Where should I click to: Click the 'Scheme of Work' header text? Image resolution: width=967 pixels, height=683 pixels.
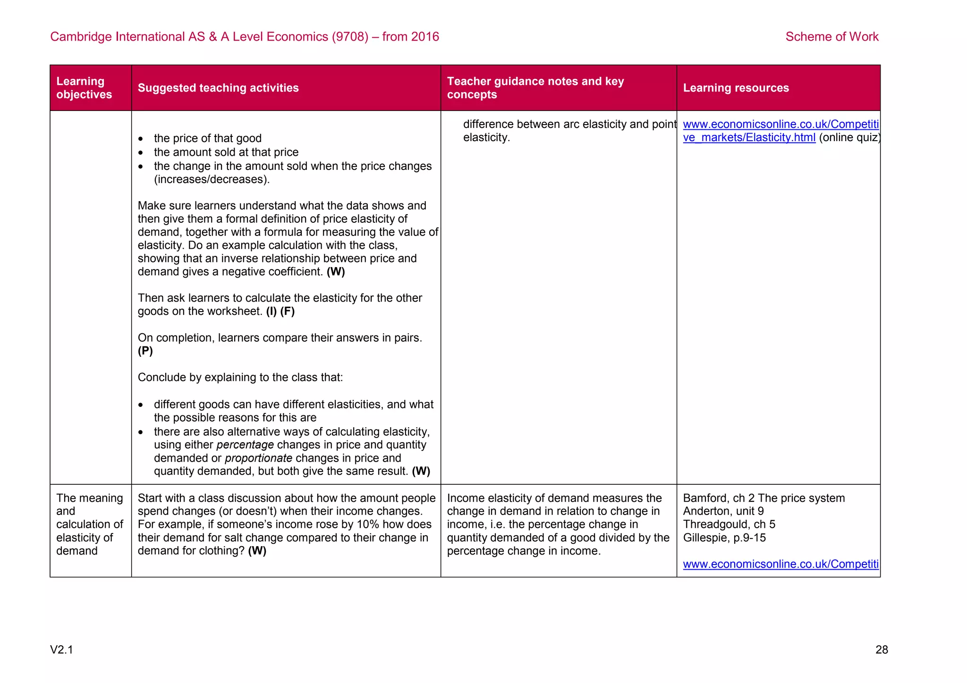[x=831, y=37]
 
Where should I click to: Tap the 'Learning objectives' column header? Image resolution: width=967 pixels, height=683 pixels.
[x=84, y=88]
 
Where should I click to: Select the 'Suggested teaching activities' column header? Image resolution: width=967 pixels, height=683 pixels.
[x=218, y=88]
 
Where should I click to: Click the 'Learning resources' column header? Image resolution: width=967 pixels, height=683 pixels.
[x=736, y=88]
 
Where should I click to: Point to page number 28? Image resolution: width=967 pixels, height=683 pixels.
[x=881, y=649]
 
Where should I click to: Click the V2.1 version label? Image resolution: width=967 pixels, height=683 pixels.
[x=61, y=649]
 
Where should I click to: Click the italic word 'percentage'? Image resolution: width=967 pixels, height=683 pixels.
[x=245, y=445]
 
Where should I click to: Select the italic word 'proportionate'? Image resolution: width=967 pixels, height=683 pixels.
[x=258, y=458]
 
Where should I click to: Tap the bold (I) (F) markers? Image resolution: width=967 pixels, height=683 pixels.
[x=280, y=311]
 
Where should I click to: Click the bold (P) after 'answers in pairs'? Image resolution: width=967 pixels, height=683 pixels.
[x=145, y=351]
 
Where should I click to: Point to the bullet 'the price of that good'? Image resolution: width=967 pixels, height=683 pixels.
[x=207, y=138]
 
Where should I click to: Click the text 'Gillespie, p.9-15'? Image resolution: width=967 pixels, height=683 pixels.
[x=724, y=538]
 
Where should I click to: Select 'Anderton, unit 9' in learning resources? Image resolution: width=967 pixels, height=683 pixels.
[x=723, y=511]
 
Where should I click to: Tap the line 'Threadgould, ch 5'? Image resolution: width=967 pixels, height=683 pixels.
[x=729, y=524]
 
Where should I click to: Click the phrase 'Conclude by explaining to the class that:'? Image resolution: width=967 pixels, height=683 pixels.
[x=240, y=377]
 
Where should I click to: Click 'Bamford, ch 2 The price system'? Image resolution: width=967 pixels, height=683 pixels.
[x=763, y=498]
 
